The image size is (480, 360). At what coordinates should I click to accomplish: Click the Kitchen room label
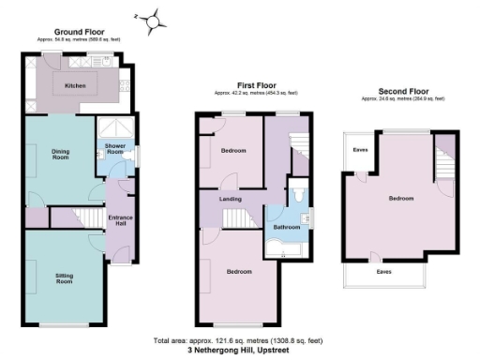click(76, 86)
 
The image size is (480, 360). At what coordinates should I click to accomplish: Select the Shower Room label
click(116, 148)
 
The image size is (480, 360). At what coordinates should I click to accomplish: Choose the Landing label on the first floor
click(231, 200)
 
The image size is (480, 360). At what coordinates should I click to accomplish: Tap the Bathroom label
click(287, 227)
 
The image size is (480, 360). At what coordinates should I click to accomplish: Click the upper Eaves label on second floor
click(360, 150)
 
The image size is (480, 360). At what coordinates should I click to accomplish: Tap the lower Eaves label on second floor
click(383, 273)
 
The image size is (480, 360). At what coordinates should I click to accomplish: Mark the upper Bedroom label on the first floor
click(232, 150)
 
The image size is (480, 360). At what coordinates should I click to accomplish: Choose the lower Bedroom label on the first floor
click(239, 272)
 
